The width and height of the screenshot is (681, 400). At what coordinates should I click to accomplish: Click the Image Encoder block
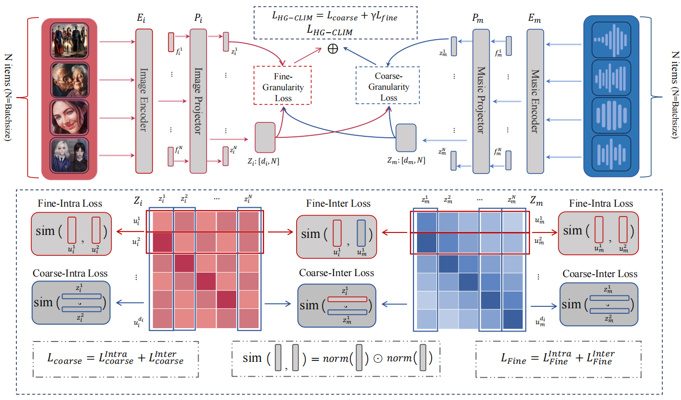tap(144, 100)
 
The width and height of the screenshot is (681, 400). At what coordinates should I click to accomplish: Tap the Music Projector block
tap(480, 100)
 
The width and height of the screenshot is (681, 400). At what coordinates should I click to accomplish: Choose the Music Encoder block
tap(534, 100)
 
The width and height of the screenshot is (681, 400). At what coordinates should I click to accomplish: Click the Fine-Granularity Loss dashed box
tap(282, 85)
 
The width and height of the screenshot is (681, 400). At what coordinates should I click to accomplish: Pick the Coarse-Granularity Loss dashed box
tap(387, 85)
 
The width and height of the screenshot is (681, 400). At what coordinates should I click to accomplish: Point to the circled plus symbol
tap(332, 50)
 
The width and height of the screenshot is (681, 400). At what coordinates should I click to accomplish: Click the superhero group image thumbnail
tap(69, 40)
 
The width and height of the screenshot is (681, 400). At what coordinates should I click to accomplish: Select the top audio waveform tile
tap(612, 40)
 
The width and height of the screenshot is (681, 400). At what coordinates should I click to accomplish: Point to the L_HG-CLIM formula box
tap(335, 23)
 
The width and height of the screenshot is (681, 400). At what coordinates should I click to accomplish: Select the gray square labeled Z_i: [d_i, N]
tap(264, 137)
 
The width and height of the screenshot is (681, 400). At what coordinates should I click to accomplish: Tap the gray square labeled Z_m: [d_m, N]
tap(406, 138)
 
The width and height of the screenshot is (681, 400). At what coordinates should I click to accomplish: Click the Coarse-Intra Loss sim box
tap(70, 302)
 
